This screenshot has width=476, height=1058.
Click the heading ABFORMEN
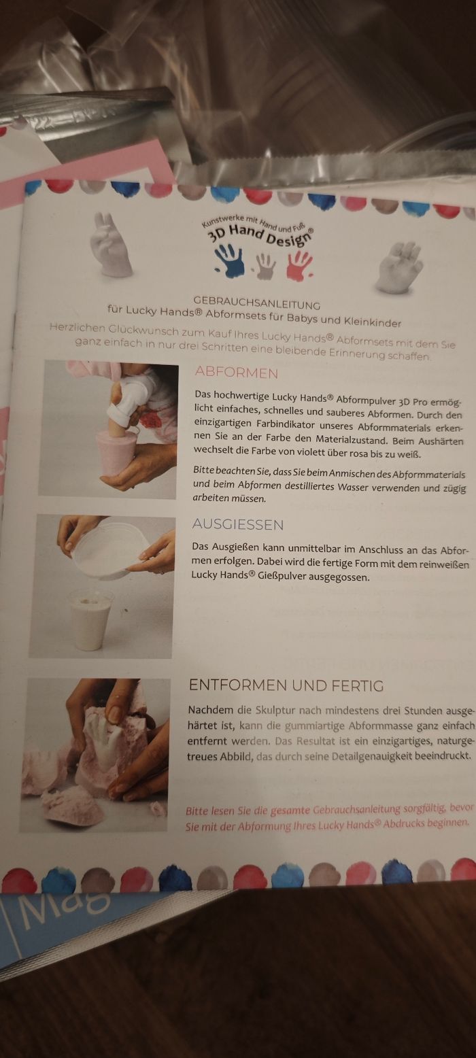[x=237, y=372]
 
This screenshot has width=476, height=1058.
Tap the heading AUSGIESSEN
[x=237, y=524]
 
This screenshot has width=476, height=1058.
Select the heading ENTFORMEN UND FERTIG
[x=286, y=685]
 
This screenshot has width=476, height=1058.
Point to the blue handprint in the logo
[x=230, y=260]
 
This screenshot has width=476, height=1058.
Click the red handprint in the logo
[x=299, y=265]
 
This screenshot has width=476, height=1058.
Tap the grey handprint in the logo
[x=265, y=266]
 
